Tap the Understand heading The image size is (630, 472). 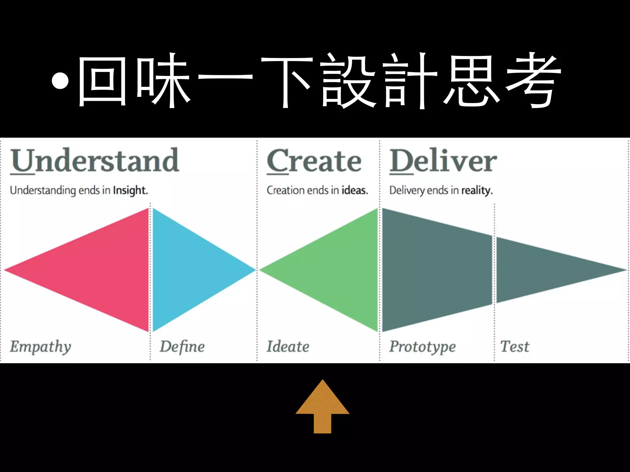point(94,160)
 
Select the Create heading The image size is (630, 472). point(314,161)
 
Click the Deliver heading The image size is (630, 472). point(443,161)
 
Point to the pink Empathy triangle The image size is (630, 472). point(102,270)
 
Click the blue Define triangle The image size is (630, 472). point(191,270)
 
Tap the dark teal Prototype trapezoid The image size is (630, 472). point(437,270)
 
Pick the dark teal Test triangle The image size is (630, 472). point(541,270)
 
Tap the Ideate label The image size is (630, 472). point(288,347)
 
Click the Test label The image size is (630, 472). point(515,347)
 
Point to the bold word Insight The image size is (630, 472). point(130,191)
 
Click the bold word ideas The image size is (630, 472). point(355,191)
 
